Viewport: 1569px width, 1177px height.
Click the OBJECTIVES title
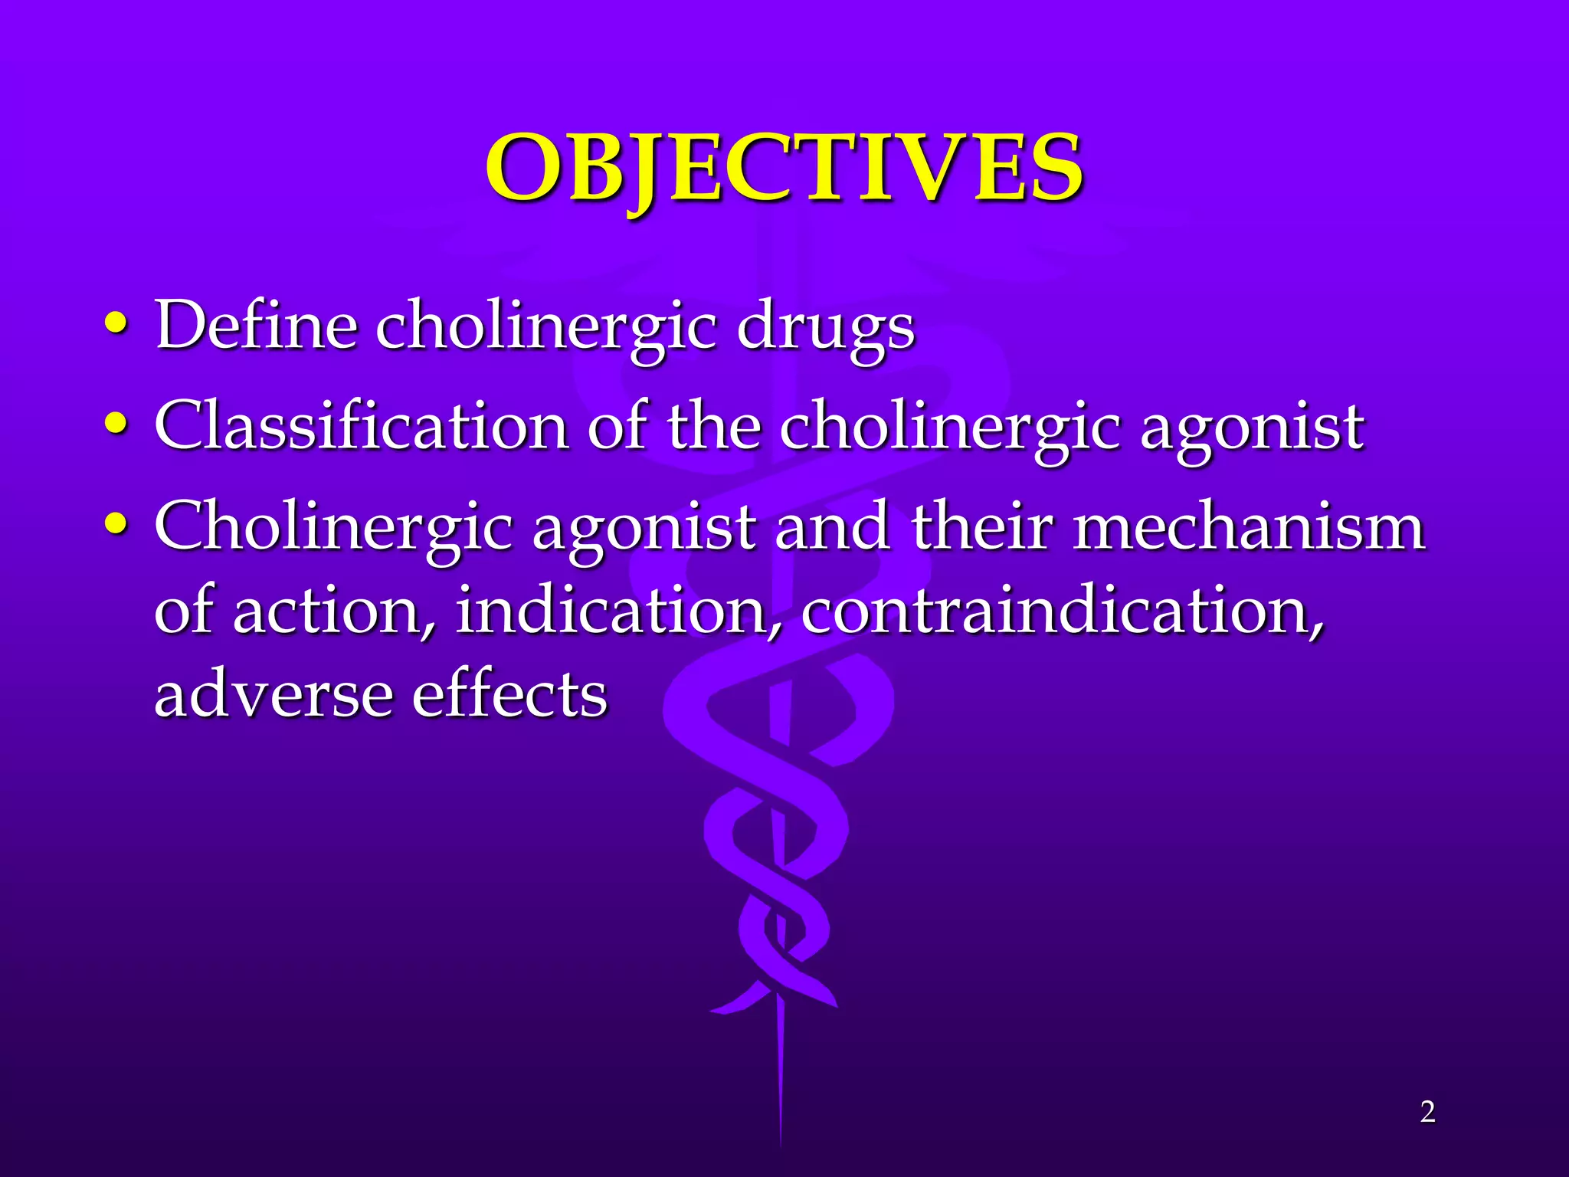[x=784, y=168]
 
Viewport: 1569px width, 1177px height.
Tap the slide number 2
[x=1427, y=1112]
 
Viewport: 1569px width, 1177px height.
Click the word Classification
[x=361, y=425]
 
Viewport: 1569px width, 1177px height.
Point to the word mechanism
[x=1248, y=526]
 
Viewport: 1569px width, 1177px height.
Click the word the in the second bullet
[x=712, y=425]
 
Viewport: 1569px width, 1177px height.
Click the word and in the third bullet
[x=832, y=526]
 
